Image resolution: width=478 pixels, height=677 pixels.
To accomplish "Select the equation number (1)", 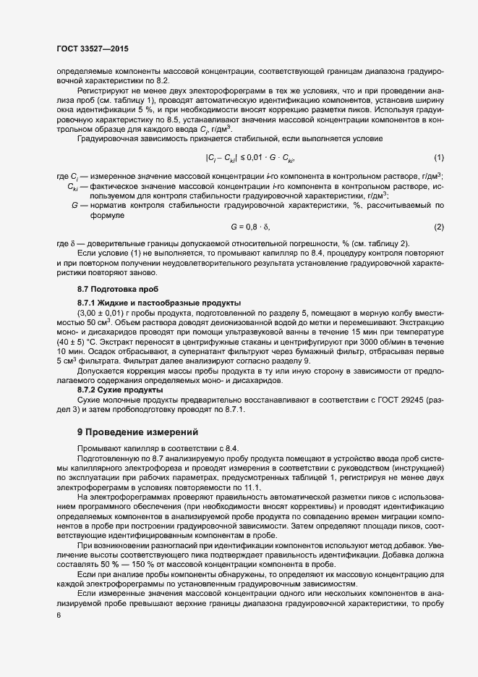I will pos(438,178).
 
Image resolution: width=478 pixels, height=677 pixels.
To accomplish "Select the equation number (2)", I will pos(438,227).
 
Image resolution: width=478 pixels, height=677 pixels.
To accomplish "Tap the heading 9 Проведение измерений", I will pos(137,432).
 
